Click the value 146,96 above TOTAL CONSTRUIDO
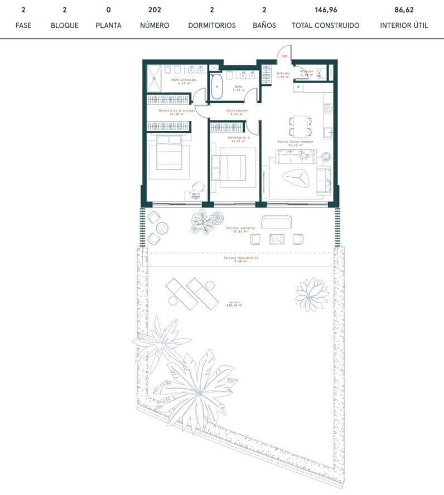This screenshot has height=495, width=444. [x=325, y=9]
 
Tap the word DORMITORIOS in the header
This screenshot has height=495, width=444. [x=212, y=26]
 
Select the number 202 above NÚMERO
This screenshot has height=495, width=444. [x=155, y=9]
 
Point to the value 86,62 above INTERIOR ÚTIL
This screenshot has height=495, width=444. [x=404, y=9]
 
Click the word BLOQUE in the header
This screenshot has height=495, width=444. [x=65, y=26]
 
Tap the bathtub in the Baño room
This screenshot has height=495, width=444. [x=216, y=88]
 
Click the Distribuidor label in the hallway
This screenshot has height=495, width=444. [x=237, y=111]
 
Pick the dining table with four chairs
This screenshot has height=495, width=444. [x=300, y=126]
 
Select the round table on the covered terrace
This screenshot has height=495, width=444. [x=162, y=227]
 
